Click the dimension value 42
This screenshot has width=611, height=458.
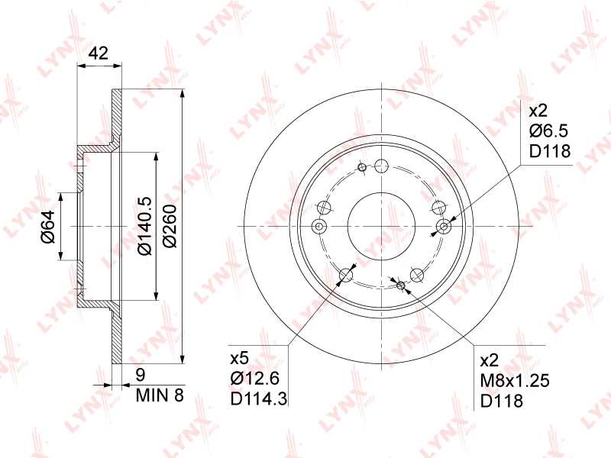(x=99, y=53)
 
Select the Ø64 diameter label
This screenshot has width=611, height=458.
(x=47, y=227)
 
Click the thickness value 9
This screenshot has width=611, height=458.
(x=140, y=375)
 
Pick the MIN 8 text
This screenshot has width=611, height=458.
(x=160, y=395)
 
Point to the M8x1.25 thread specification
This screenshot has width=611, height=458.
(x=515, y=381)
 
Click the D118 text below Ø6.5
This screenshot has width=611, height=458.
(x=550, y=150)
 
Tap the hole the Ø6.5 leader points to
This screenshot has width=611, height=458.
(x=445, y=226)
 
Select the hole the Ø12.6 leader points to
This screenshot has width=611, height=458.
(x=347, y=275)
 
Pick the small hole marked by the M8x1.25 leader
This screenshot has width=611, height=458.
(x=401, y=285)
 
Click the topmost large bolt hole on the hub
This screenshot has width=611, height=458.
(x=382, y=166)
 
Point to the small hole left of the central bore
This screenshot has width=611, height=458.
(x=319, y=226)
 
